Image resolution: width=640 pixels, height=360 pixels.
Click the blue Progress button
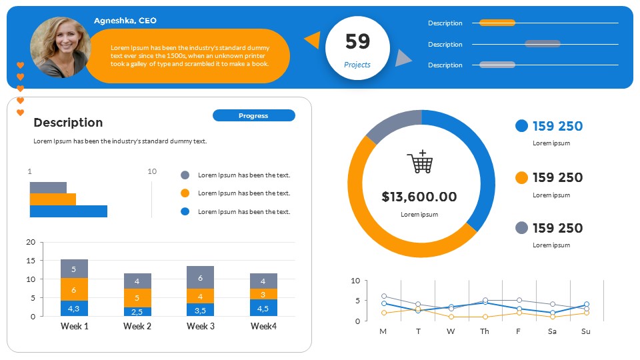(x=253, y=116)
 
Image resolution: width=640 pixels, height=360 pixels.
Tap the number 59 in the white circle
(x=357, y=42)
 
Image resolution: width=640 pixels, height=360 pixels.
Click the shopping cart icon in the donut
(x=420, y=162)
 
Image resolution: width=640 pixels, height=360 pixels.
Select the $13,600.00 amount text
(x=419, y=197)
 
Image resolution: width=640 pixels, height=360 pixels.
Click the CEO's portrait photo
(x=60, y=47)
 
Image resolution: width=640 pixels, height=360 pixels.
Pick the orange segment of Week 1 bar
(x=74, y=289)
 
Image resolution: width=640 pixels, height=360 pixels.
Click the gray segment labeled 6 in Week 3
(x=200, y=277)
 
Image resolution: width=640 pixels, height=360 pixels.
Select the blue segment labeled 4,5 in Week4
(x=263, y=308)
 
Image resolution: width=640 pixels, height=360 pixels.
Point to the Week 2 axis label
(x=137, y=326)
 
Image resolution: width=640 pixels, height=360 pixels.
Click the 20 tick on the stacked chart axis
(x=31, y=242)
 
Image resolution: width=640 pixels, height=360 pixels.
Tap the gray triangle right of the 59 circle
(x=401, y=59)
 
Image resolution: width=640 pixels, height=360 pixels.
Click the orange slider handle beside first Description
(x=497, y=23)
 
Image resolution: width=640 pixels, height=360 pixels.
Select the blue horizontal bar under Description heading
(x=68, y=211)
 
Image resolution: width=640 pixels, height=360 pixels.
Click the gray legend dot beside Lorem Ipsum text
(x=185, y=175)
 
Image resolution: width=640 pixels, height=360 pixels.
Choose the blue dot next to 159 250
(x=522, y=126)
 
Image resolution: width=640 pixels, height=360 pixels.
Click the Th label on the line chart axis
(x=485, y=331)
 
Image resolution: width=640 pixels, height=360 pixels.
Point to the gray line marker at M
(x=384, y=296)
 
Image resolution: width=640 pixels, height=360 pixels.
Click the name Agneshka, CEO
(x=125, y=21)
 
